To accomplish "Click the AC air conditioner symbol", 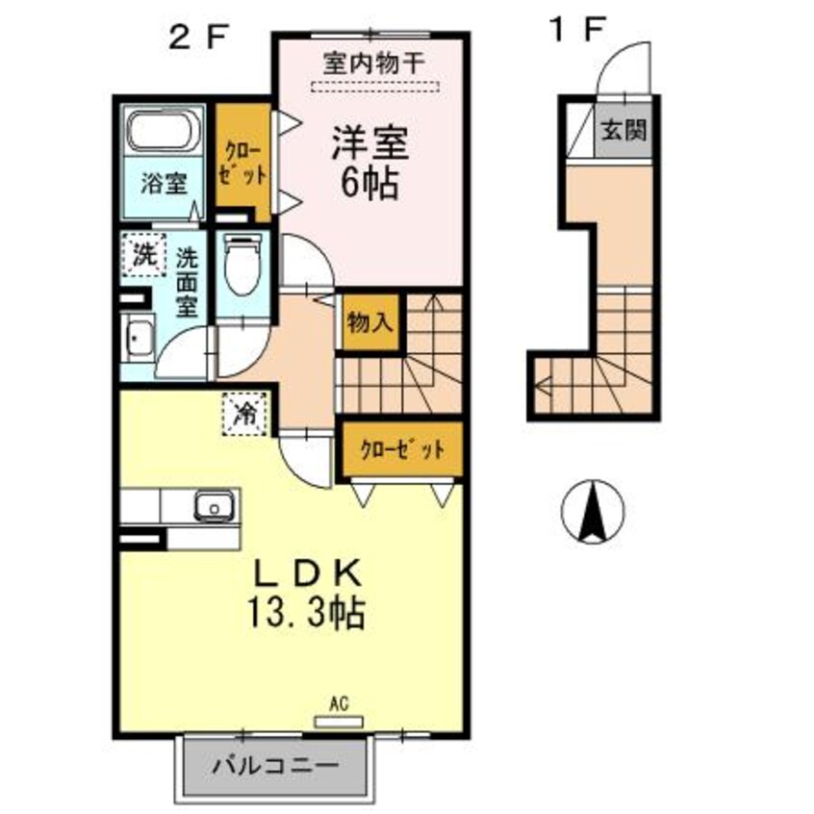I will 339,718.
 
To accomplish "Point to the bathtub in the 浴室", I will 163,131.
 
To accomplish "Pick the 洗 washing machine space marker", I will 142,257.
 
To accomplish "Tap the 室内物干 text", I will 371,65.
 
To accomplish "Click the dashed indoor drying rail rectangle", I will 372,88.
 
